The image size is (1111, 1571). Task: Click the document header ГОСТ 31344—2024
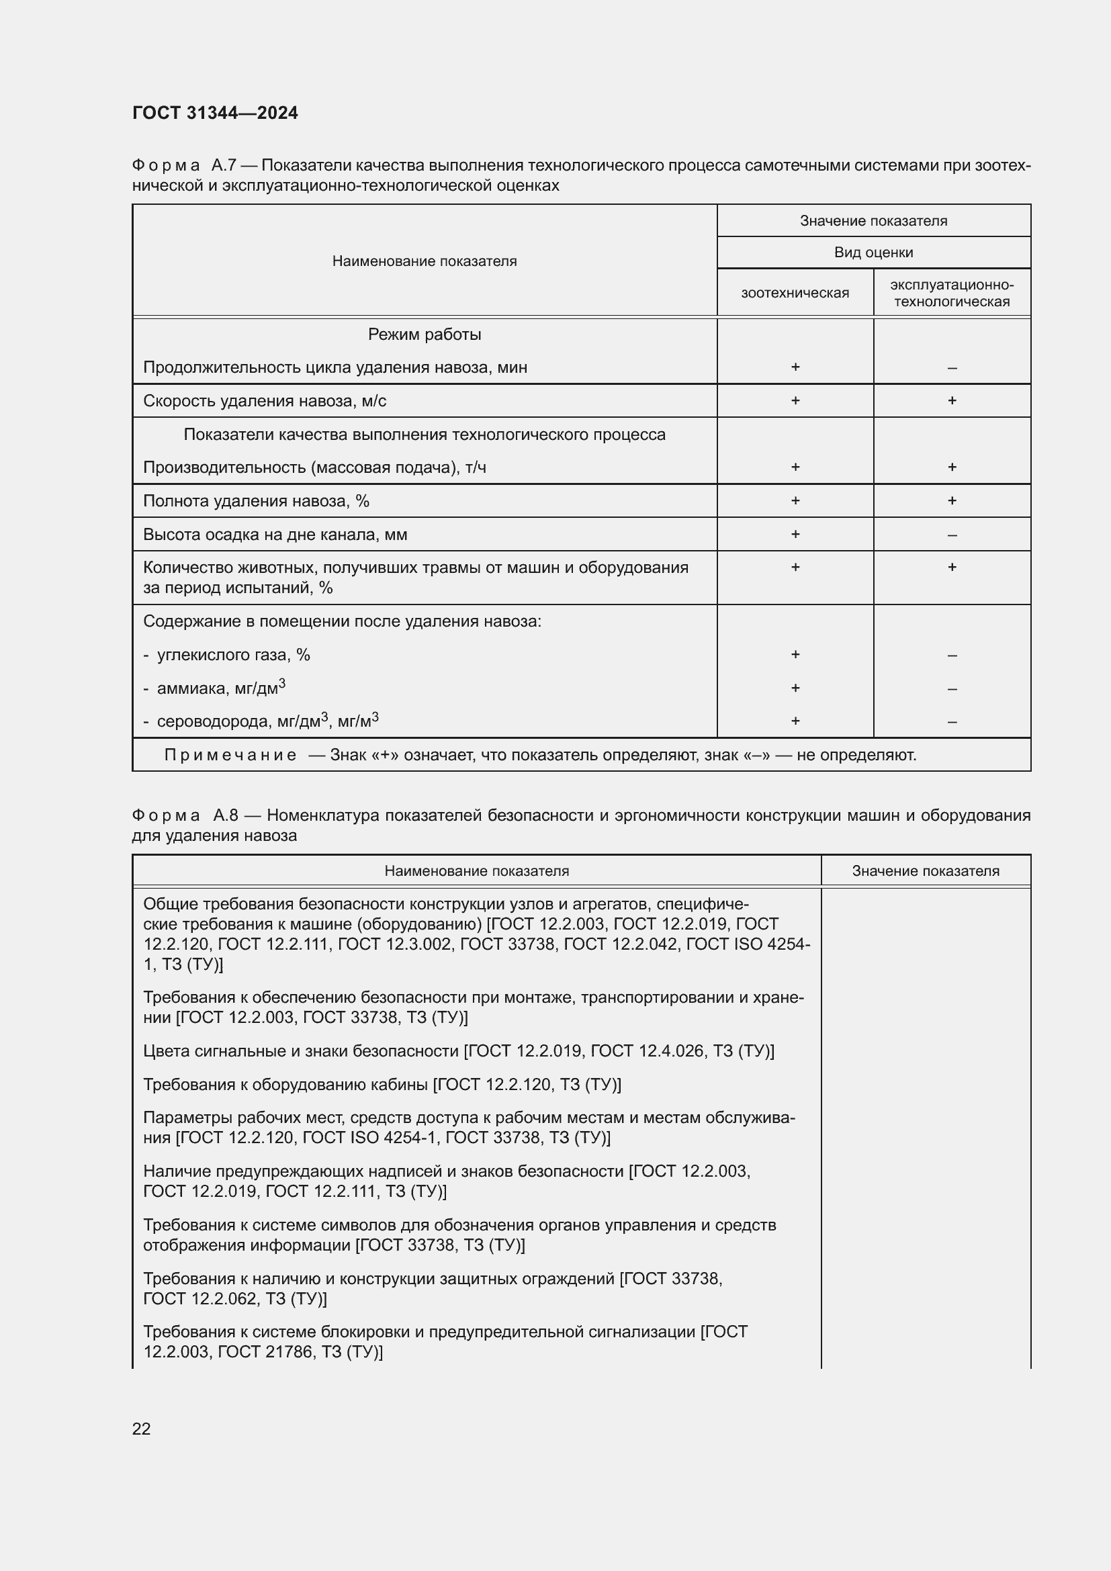tap(215, 113)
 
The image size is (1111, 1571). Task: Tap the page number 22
tap(141, 1429)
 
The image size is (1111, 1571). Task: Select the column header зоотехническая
tap(795, 293)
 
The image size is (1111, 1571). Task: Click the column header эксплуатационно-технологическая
tap(952, 293)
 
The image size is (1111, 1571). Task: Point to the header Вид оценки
tap(874, 253)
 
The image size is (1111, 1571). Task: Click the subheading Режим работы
tap(424, 334)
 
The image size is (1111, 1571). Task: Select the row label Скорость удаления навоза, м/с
tap(264, 401)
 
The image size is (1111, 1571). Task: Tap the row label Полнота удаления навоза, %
tap(256, 501)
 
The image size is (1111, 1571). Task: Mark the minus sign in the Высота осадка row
tap(952, 535)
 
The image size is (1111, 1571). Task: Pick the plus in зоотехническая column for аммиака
tap(795, 688)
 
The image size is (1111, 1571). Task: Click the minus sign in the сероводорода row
tap(952, 721)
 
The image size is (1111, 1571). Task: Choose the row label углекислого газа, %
tap(233, 655)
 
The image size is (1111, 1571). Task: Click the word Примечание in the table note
tap(230, 756)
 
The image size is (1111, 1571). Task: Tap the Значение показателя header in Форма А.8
tap(925, 871)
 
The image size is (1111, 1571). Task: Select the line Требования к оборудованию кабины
tap(382, 1085)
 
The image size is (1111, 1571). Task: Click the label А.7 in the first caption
tap(224, 166)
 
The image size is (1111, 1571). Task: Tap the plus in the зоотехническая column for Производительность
tap(795, 467)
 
